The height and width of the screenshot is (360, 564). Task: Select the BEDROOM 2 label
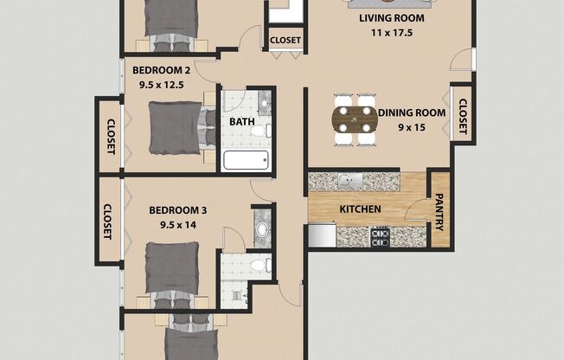[x=161, y=70]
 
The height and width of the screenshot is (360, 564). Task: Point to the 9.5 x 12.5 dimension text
[x=163, y=85]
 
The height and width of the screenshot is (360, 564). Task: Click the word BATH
[x=241, y=122]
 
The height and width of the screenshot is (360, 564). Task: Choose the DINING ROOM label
[x=412, y=112]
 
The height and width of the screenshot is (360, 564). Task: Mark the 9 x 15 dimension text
[x=412, y=127]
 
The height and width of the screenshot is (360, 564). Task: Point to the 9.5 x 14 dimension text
[x=179, y=225]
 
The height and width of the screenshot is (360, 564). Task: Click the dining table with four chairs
[x=356, y=119]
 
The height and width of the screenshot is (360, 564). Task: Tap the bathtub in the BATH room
[x=246, y=159]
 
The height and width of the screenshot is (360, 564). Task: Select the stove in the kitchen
[x=381, y=236]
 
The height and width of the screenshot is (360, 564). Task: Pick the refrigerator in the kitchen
[x=322, y=235]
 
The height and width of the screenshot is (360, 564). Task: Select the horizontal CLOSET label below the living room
[x=285, y=40]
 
